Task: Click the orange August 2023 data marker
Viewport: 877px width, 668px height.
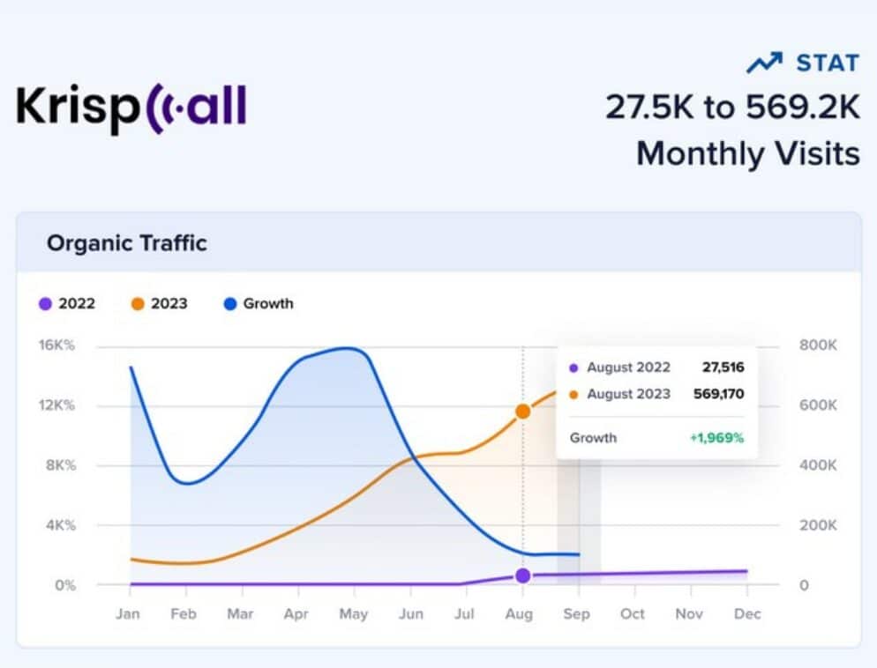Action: point(523,412)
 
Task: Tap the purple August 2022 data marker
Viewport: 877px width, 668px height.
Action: point(523,575)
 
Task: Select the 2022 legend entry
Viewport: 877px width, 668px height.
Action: point(67,304)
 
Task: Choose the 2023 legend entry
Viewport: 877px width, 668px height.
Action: point(160,304)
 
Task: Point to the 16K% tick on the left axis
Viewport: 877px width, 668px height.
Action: point(57,345)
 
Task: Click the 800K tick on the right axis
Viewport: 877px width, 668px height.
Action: point(818,345)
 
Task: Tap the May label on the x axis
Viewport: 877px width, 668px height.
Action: point(353,613)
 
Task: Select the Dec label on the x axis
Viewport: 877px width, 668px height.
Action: point(746,613)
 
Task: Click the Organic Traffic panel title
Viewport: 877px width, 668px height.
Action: point(126,243)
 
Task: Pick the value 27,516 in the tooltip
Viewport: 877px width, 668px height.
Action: point(723,367)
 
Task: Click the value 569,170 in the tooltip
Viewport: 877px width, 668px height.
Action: point(718,394)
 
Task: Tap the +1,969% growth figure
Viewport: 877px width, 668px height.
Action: point(716,438)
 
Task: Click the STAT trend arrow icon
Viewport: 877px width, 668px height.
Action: point(763,63)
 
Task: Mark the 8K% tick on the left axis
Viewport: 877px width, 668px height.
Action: point(59,465)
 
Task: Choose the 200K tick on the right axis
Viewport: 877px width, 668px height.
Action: point(818,525)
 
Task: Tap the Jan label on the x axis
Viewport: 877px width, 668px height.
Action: point(128,613)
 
